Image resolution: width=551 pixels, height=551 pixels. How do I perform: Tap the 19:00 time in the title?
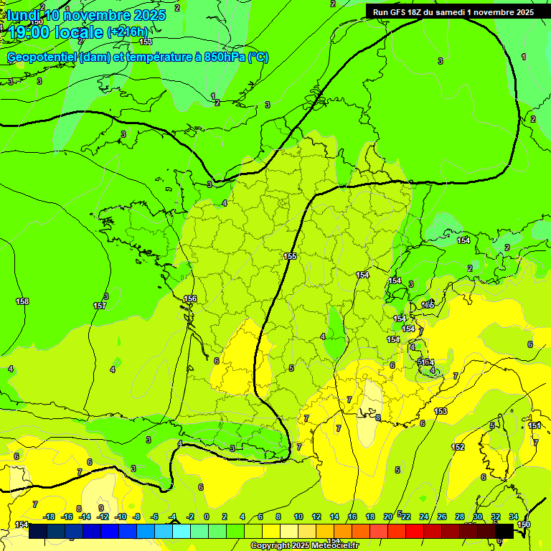point(29,32)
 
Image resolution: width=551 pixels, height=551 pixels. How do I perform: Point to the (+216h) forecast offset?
point(128,32)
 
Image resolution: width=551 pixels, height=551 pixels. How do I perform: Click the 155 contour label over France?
point(290,256)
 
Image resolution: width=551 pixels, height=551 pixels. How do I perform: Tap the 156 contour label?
point(190,298)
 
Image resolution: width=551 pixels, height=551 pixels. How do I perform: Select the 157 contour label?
point(100,306)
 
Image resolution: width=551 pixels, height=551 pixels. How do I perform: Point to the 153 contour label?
point(441,411)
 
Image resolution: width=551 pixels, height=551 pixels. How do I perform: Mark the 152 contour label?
point(458,447)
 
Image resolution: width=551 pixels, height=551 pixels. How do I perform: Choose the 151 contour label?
point(534,425)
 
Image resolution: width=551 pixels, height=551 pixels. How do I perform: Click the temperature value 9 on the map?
point(101,507)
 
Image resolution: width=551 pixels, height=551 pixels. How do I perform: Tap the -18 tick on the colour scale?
point(50,517)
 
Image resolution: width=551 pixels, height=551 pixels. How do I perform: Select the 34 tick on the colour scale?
point(514,517)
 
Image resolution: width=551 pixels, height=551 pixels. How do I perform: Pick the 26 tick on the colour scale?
point(441,517)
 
